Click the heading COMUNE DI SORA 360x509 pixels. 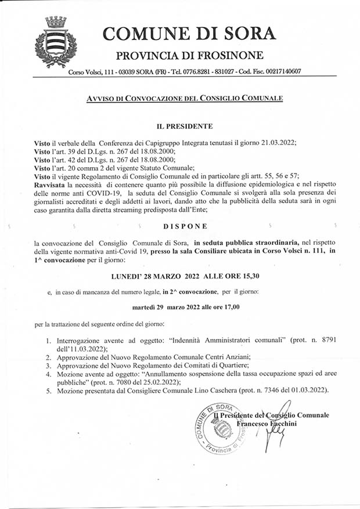click(189, 33)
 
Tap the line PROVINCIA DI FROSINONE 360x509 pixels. click(190, 56)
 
